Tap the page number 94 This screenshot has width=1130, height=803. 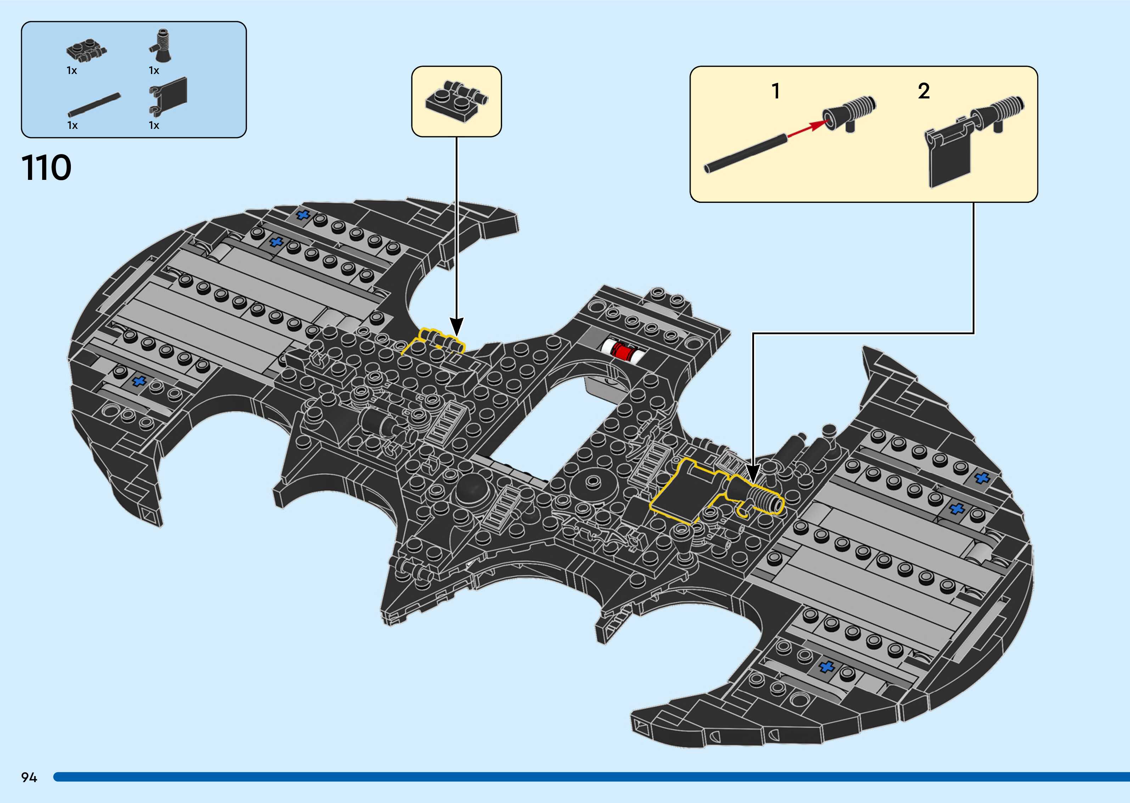coord(29,777)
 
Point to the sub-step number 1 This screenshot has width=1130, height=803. coord(776,91)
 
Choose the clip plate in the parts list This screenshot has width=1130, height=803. coord(86,50)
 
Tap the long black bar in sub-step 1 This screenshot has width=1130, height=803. coord(744,153)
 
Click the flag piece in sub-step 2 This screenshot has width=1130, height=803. coord(948,156)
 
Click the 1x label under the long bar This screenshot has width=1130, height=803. coord(72,126)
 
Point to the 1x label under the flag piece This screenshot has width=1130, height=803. coord(154,126)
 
